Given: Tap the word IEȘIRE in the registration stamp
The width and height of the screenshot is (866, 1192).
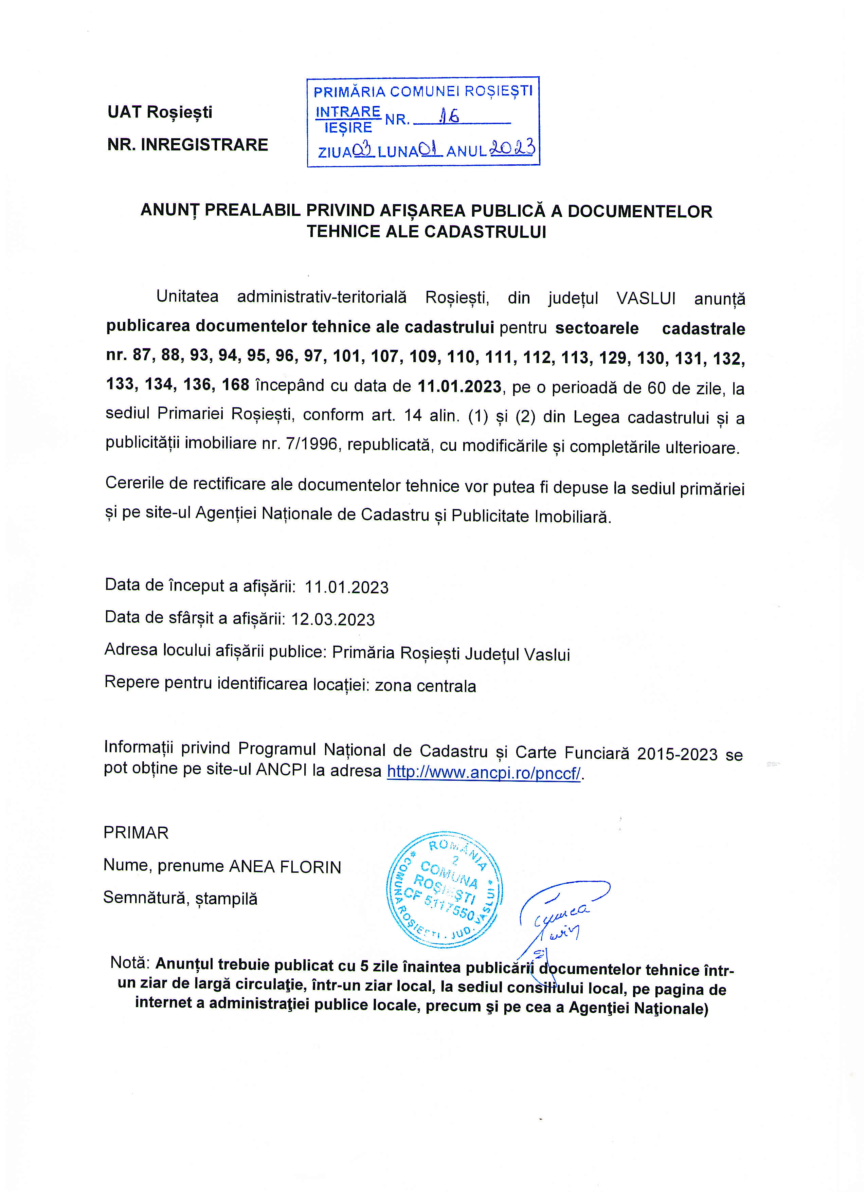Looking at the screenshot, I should pyautogui.click(x=348, y=128).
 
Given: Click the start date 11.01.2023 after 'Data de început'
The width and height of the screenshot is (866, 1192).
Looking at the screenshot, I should pyautogui.click(x=347, y=587).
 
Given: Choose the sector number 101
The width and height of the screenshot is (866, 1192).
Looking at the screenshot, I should pyautogui.click(x=347, y=356).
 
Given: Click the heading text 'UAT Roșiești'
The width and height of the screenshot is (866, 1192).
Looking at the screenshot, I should pyautogui.click(x=160, y=112).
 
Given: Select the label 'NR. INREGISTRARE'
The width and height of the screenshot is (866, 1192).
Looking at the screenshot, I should pyautogui.click(x=187, y=145).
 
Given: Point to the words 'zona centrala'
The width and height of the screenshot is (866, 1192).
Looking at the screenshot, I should pyautogui.click(x=425, y=686).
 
